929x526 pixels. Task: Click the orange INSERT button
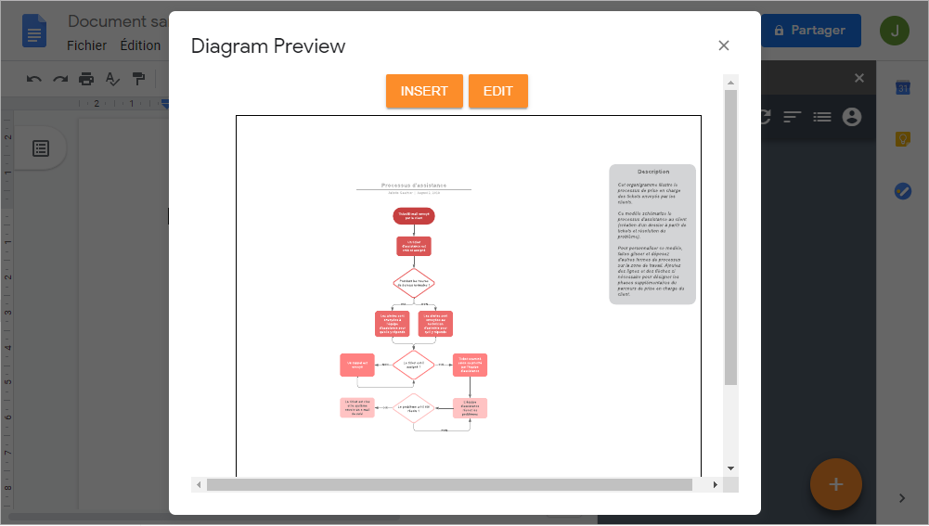coord(424,91)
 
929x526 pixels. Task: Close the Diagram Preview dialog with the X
coord(724,45)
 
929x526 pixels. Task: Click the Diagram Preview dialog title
coord(268,46)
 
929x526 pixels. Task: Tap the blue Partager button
coord(810,31)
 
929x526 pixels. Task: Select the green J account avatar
coord(895,31)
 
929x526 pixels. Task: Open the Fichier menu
coord(87,45)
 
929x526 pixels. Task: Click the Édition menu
coord(140,45)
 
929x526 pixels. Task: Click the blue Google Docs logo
coord(35,32)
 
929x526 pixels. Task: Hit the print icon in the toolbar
coord(86,79)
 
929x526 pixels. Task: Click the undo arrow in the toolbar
coord(34,79)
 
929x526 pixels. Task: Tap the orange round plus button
coord(835,484)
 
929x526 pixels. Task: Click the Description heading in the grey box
coord(653,172)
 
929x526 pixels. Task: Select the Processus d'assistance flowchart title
coord(414,186)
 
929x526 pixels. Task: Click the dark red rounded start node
coord(414,216)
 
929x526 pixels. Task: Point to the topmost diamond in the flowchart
coord(414,283)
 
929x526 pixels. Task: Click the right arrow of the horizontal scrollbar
coord(715,485)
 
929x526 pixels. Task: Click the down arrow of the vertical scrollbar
coord(730,468)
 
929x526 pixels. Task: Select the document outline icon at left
coord(41,148)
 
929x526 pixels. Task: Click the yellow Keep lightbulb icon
coord(902,139)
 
